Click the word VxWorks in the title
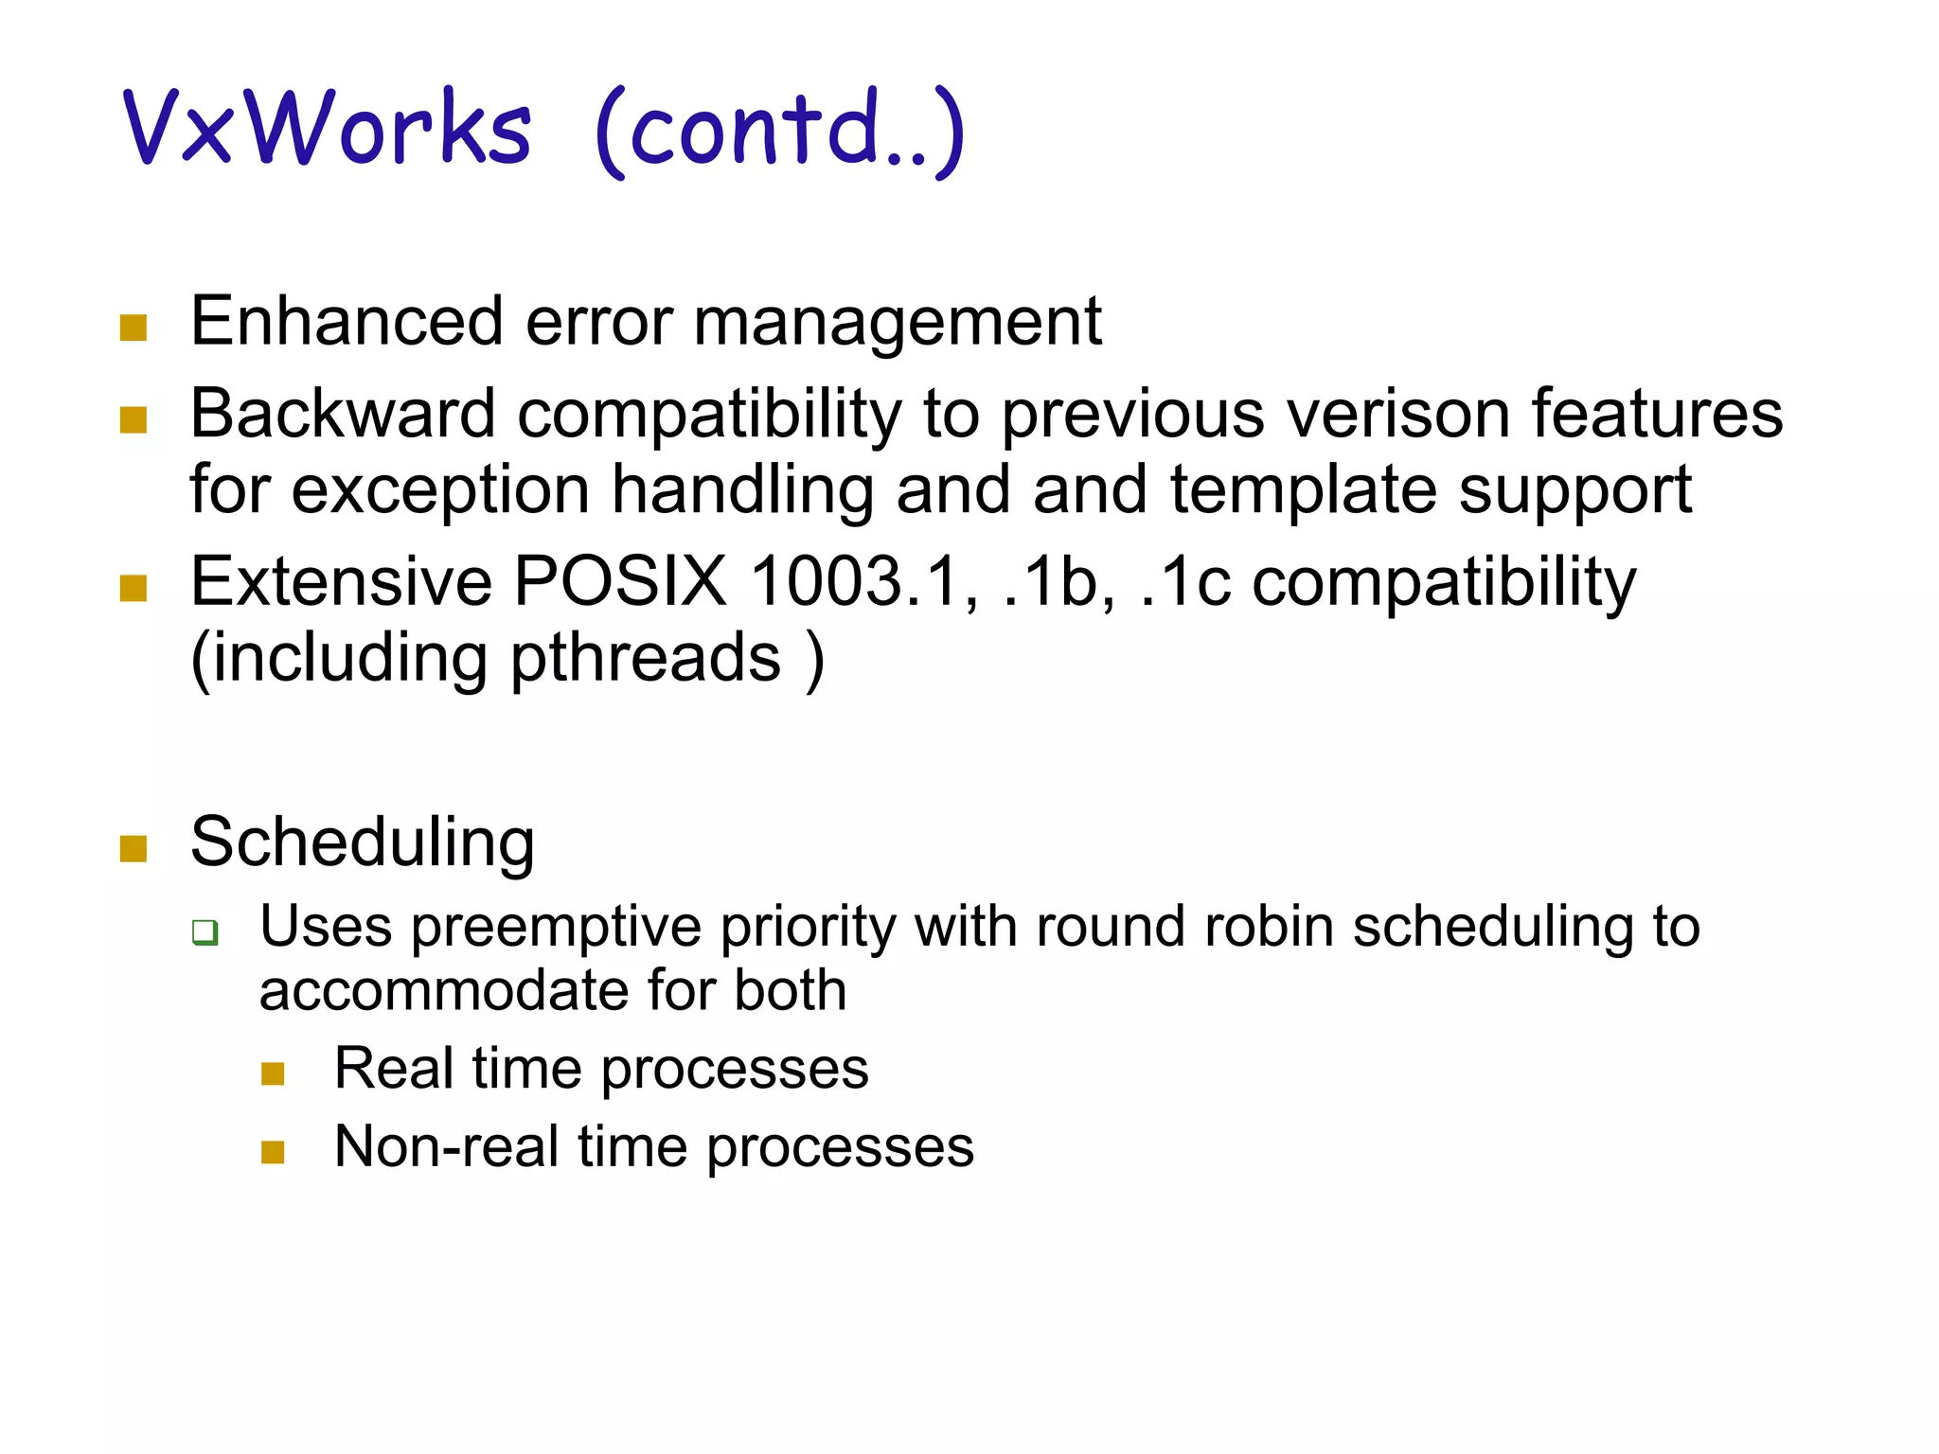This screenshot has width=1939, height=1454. click(x=327, y=128)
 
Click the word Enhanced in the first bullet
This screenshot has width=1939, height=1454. click(x=346, y=322)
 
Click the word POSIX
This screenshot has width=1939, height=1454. click(x=620, y=581)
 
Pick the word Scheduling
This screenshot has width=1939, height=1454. click(x=362, y=842)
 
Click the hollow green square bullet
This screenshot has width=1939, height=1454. click(x=205, y=932)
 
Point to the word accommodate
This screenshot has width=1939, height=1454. click(x=443, y=991)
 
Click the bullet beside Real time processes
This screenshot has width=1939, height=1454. click(x=273, y=1073)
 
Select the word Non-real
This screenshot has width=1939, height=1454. click(x=446, y=1147)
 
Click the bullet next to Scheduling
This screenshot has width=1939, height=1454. click(x=133, y=848)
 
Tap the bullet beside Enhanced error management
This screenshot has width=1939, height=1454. click(x=133, y=328)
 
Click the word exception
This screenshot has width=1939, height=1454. click(x=440, y=489)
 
